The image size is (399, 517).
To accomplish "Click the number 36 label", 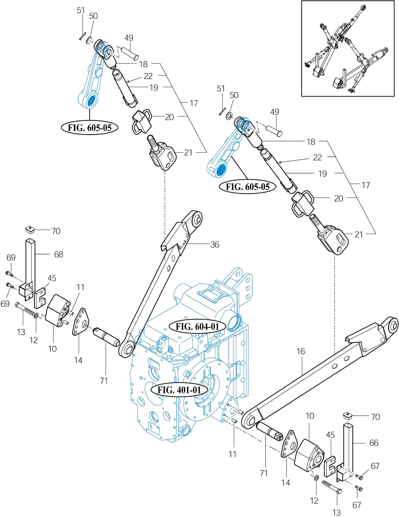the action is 215,244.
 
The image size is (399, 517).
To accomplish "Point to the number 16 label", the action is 301,351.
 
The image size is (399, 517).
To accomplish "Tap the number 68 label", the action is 59,254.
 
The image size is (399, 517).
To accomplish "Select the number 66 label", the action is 374,443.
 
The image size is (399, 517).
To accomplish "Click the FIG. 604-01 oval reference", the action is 197,326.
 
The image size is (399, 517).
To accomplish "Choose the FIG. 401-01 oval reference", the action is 179,390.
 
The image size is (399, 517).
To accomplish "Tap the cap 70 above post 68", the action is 30,230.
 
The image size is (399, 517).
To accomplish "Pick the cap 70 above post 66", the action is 348,416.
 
